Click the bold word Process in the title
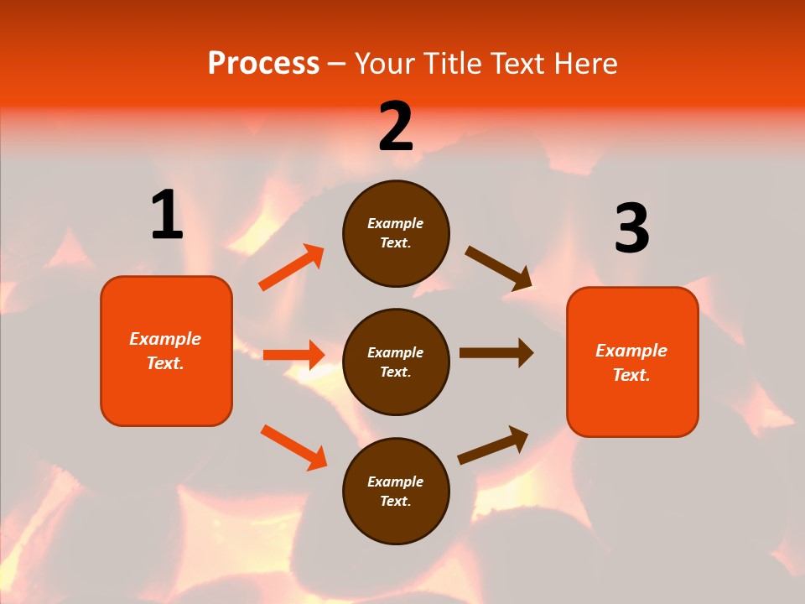click(263, 64)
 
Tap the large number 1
click(167, 216)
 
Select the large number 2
click(396, 127)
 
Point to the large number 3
click(631, 229)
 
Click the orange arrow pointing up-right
click(291, 268)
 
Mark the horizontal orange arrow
click(293, 355)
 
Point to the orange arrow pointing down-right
click(293, 447)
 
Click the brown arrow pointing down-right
click(499, 268)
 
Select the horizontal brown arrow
click(496, 353)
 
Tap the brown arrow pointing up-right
click(493, 445)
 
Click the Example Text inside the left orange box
click(165, 351)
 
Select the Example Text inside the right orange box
click(631, 362)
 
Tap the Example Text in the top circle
click(396, 233)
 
